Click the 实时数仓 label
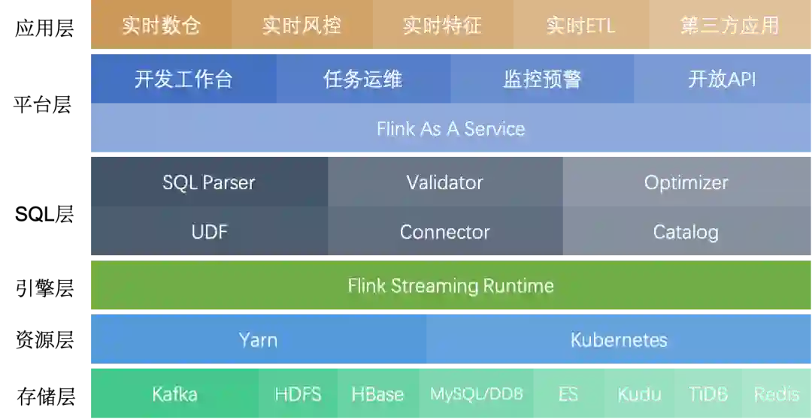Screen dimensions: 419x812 pos(161,26)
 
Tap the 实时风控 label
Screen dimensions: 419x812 pos(301,26)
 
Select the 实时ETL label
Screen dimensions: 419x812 pos(580,26)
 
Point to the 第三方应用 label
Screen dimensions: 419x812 pos(729,26)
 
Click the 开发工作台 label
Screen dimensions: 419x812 pos(183,79)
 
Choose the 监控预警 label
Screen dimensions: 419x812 pos(542,79)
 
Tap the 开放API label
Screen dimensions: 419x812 pos(722,79)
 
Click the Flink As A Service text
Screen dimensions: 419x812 pos(451,128)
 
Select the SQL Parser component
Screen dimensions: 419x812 pos(209,182)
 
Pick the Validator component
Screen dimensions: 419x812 pos(444,182)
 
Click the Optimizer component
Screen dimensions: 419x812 pos(686,182)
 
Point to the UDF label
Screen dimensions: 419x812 pos(209,232)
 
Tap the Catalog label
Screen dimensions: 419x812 pos(685,232)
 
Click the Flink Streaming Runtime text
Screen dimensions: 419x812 pos(451,286)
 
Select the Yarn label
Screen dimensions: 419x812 pos(258,340)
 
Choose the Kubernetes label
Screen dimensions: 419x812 pos(619,340)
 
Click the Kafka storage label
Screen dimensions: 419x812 pos(174,394)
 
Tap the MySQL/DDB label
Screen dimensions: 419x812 pos(477,394)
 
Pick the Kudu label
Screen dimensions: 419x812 pos(639,394)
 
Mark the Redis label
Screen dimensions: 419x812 pos(776,394)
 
